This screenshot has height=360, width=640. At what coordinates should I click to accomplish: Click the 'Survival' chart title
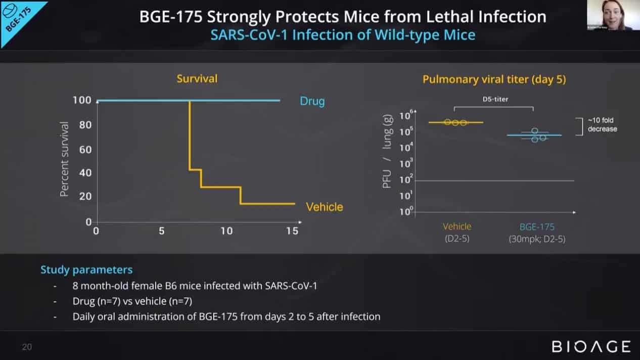(197, 79)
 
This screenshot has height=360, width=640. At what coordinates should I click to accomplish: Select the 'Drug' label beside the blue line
(312, 101)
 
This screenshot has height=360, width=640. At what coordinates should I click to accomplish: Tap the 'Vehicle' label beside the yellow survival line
(324, 207)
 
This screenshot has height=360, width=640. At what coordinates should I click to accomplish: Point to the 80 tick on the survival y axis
(85, 124)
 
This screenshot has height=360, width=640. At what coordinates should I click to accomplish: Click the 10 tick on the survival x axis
(226, 231)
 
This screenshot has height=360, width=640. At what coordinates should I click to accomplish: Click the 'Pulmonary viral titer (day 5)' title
(494, 79)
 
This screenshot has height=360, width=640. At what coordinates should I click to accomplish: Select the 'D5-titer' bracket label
(494, 99)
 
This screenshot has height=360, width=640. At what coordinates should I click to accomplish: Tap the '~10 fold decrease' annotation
(602, 124)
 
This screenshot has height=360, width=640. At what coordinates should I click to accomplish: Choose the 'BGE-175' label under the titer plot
(537, 227)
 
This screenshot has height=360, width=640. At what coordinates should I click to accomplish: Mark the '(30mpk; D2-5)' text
(537, 239)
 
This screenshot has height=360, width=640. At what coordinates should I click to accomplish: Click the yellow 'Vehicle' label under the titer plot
(457, 227)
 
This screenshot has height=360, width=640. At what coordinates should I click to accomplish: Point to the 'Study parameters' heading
(86, 269)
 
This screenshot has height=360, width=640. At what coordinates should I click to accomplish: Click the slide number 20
(27, 347)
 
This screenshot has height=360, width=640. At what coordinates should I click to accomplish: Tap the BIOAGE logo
(591, 347)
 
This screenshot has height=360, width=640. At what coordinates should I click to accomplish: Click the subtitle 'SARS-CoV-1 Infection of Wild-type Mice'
(342, 35)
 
